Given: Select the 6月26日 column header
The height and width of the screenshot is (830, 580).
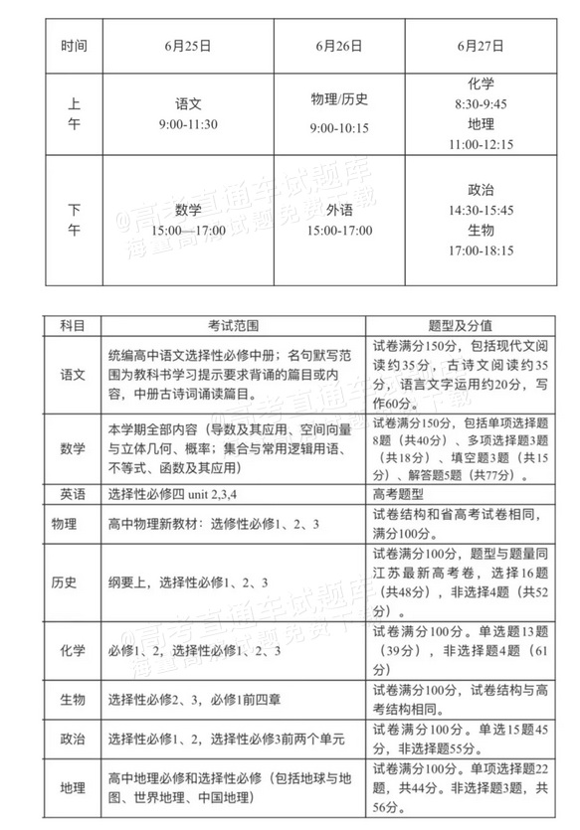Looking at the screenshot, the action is pos(337,46).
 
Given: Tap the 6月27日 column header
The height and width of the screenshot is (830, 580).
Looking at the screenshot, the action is pos(481,46).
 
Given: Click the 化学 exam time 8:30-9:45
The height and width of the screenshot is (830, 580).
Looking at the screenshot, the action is pos(481,103).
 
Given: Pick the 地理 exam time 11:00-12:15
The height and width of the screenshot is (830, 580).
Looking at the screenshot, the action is pos(481,144).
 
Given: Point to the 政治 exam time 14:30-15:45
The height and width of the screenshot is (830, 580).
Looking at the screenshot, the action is pos(481,210).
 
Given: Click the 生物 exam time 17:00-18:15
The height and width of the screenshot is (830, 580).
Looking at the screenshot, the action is pos(481,250).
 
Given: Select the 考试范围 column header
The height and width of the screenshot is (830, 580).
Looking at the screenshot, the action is pos(233,325).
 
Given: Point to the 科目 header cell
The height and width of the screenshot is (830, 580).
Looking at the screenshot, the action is pos(73,325).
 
